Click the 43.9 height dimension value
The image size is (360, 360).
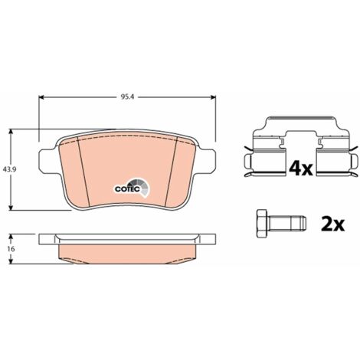pos(10,169)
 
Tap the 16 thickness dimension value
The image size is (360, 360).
pos(11,249)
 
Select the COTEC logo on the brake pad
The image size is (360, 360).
pos(131,188)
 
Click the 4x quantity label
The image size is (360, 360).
pos(301,169)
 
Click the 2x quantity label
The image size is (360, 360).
pos(332,224)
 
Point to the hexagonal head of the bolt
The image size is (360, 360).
pos(262,224)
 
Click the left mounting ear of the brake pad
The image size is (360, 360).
pos(47,160)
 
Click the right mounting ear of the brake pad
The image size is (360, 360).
pos(208,160)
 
